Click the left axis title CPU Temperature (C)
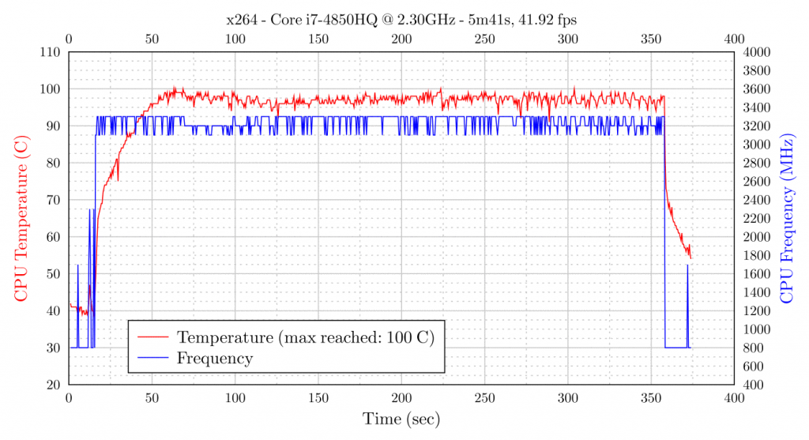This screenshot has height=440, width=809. pyautogui.click(x=21, y=217)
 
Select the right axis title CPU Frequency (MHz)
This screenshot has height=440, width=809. pyautogui.click(x=786, y=217)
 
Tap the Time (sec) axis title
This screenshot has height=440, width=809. pyautogui.click(x=401, y=419)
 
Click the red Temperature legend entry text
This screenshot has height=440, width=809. pyautogui.click(x=307, y=337)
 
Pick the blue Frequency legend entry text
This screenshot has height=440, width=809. pyautogui.click(x=215, y=359)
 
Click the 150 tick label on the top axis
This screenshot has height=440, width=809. pyautogui.click(x=318, y=38)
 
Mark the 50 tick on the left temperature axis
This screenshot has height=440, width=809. pyautogui.click(x=55, y=274)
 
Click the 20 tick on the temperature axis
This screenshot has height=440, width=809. pyautogui.click(x=55, y=385)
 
